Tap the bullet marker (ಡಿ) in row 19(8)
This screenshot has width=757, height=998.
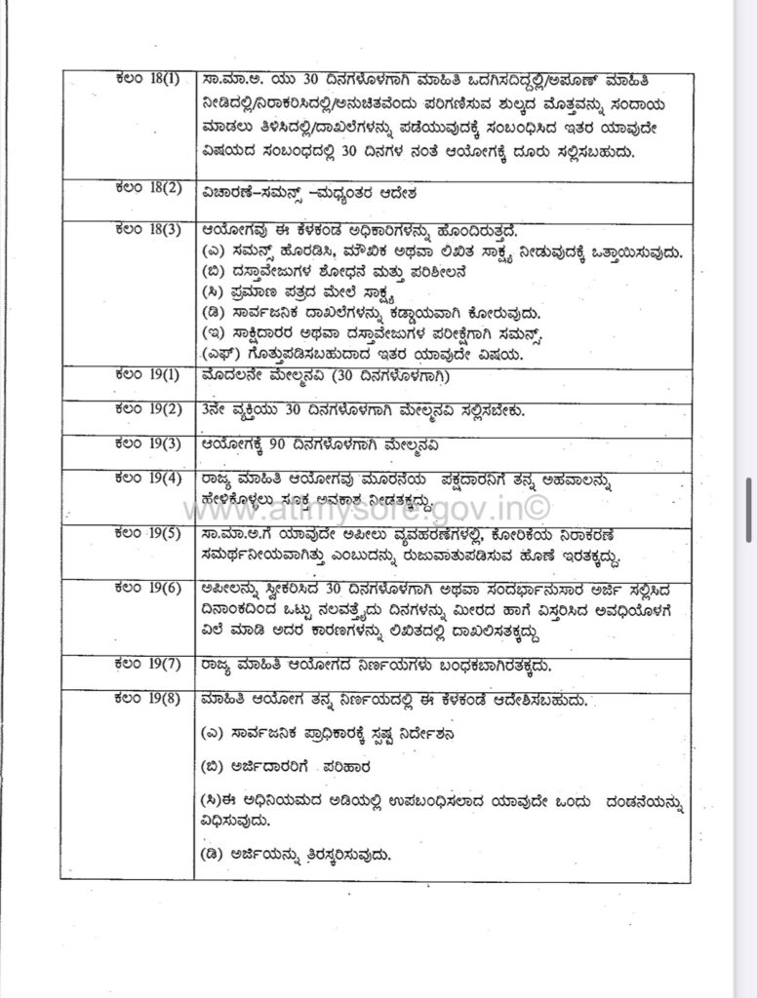213,855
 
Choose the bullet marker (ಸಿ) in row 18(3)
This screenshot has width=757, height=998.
213,291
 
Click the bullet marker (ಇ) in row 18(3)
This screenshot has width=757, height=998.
213,334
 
